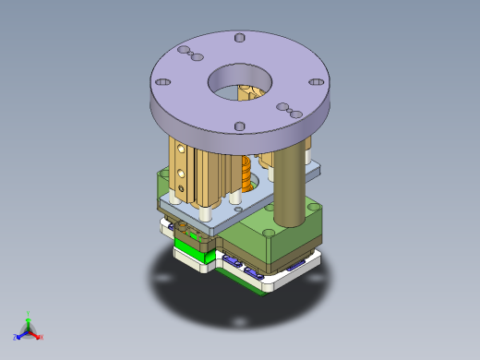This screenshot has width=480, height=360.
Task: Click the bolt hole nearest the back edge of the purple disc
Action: click(240, 39)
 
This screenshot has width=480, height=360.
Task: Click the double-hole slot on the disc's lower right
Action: click(288, 110)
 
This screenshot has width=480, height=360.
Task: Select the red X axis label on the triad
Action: click(42, 338)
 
